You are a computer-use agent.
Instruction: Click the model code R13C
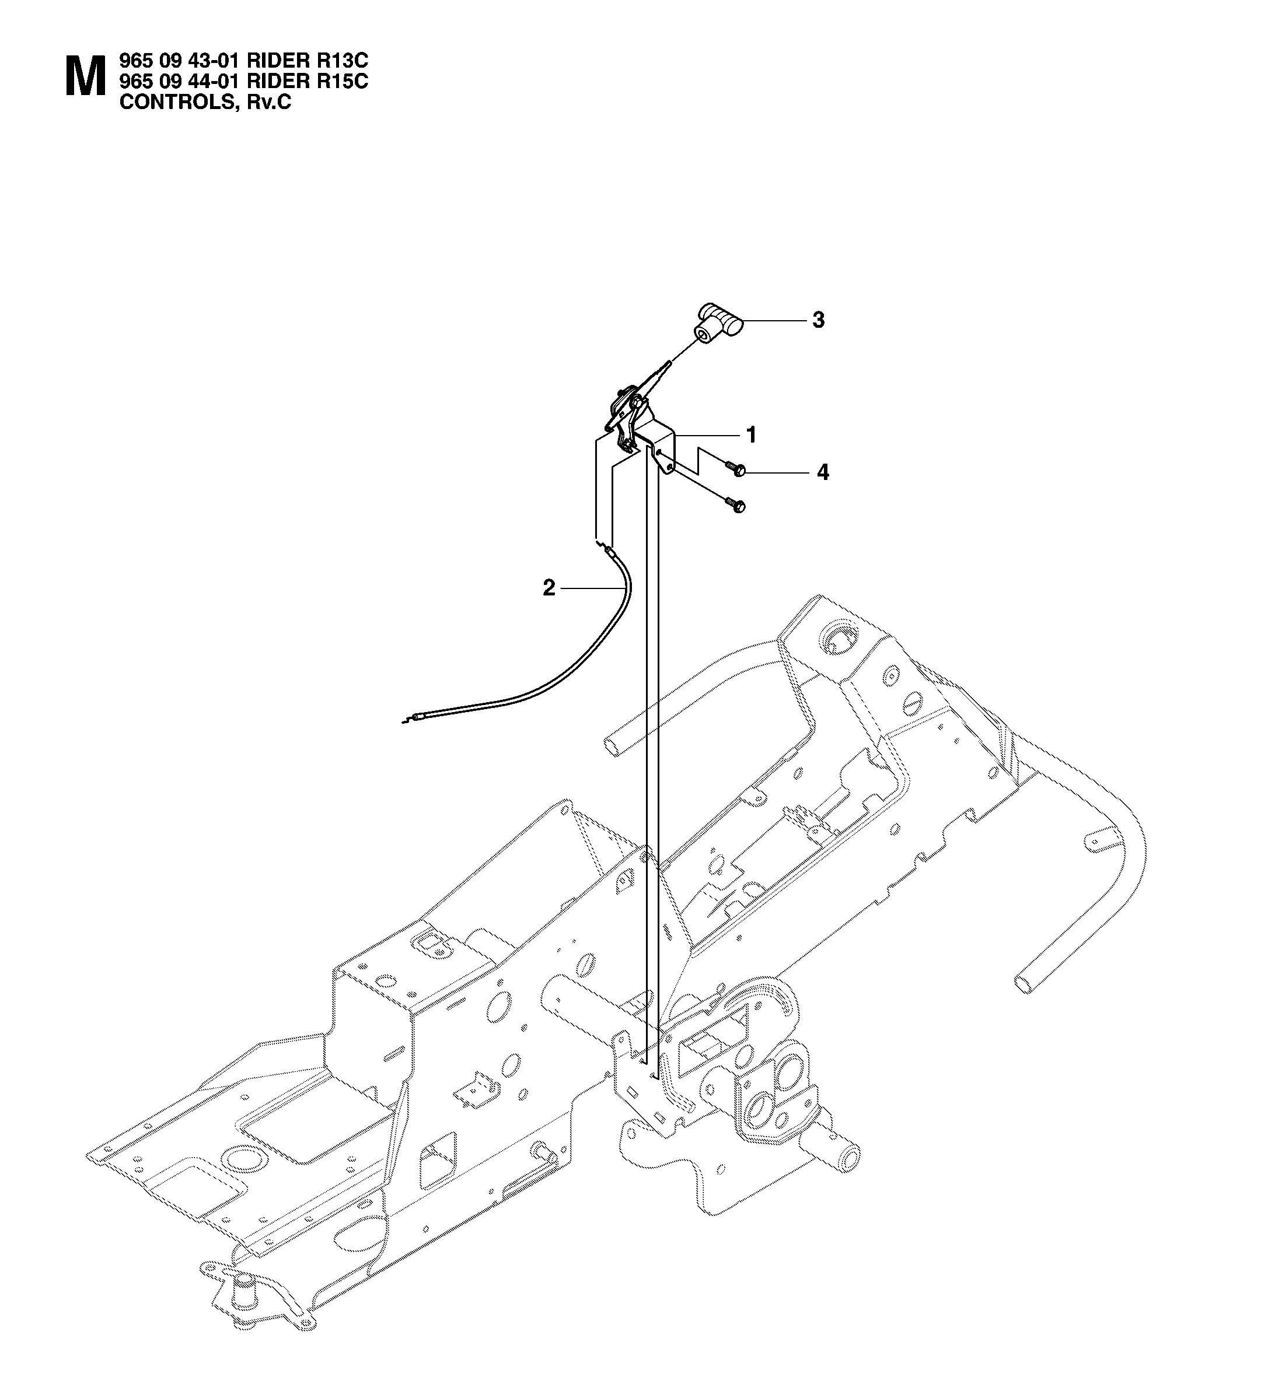[341, 61]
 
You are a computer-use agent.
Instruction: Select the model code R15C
[341, 82]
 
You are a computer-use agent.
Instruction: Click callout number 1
[752, 435]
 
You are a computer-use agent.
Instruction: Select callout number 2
[549, 588]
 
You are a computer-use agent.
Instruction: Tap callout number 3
[818, 320]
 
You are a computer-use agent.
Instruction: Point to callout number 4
[822, 472]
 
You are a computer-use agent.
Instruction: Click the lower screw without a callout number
[736, 506]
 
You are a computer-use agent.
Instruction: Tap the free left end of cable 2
[404, 721]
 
